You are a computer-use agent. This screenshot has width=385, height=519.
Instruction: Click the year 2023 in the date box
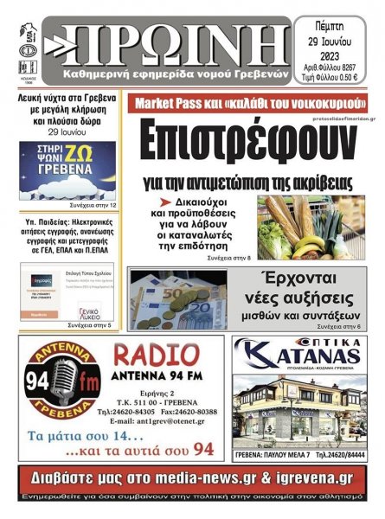pos(337,59)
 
